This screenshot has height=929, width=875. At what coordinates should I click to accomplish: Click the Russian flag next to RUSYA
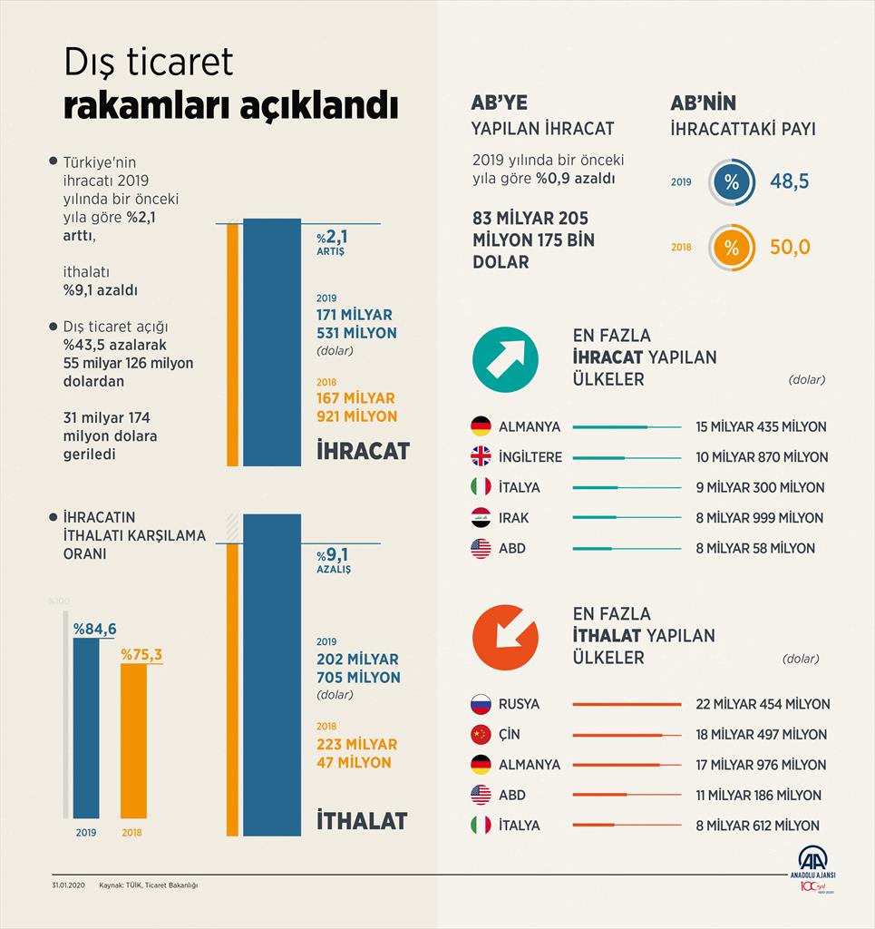point(481,704)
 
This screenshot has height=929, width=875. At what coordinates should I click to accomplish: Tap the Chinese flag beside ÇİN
point(481,735)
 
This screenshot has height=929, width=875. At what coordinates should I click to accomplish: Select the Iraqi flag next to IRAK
point(481,518)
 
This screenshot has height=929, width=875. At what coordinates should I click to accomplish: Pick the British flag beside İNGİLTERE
point(481,457)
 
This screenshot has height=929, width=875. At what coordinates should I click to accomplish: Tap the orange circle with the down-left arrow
point(505,637)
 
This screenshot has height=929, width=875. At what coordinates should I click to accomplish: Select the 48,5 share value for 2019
point(789,181)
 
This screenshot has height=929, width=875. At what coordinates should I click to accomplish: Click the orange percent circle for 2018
point(731,247)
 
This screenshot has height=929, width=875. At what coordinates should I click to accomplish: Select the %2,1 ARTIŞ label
point(331,242)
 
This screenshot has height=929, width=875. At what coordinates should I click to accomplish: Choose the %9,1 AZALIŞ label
point(333,560)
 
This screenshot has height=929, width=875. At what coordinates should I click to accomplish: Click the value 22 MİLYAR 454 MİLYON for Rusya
point(763,704)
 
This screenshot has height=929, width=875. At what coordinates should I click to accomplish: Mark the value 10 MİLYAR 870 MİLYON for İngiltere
point(762,457)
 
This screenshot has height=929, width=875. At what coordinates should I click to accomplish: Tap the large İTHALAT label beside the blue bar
point(362,820)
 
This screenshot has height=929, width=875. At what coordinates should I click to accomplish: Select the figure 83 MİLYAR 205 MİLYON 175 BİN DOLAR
point(530,240)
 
